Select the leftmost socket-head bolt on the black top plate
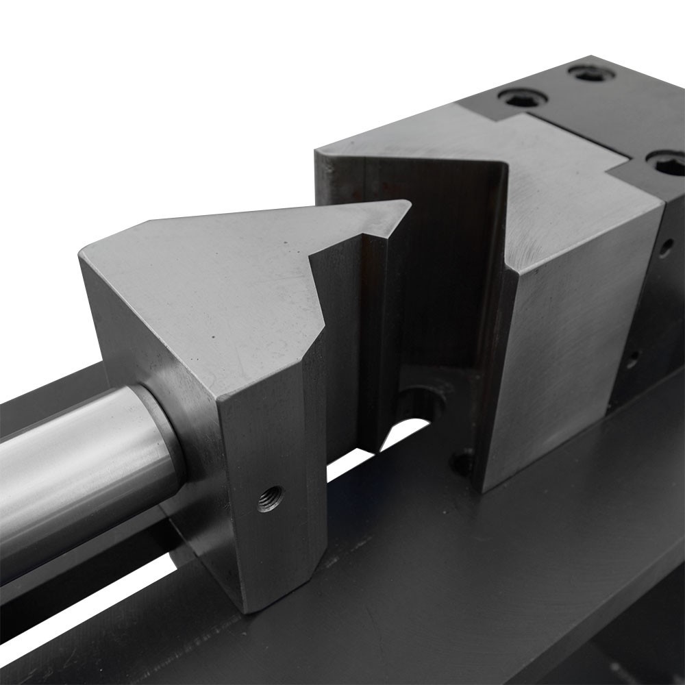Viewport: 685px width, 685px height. pyautogui.click(x=523, y=98)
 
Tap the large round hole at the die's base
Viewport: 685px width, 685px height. pyautogui.click(x=419, y=404)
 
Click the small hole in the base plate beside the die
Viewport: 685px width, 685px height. pyautogui.click(x=462, y=463)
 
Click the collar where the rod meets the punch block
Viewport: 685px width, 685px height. pyautogui.click(x=161, y=438)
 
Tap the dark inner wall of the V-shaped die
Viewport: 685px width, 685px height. pyautogui.click(x=438, y=260)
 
